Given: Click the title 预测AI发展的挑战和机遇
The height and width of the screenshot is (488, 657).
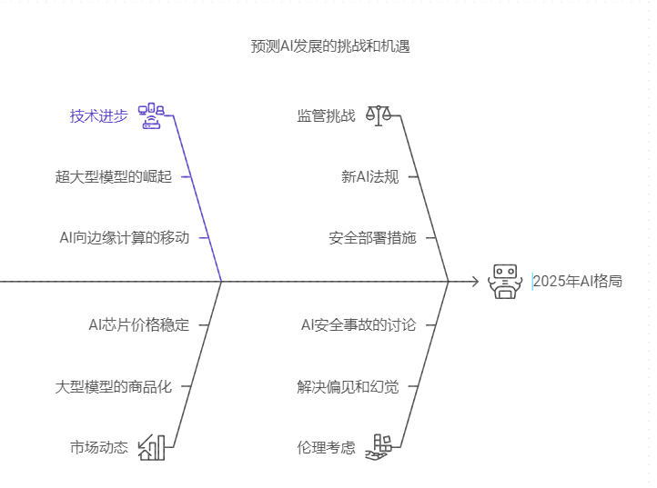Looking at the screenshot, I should pos(330,45).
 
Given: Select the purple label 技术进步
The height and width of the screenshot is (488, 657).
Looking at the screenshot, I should pos(99,115).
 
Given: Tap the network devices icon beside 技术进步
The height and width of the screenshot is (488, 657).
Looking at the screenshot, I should pos(150,116).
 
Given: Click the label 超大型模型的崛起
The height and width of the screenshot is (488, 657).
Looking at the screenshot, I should pos(113,176).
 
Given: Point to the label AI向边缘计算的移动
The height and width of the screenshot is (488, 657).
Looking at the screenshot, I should pos(124,237).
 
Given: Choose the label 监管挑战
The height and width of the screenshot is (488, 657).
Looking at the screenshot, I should pos(326,115).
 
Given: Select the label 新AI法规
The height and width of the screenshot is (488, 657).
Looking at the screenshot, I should pos(369,176).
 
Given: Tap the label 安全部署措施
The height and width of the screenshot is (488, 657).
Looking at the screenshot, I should pos(372,237).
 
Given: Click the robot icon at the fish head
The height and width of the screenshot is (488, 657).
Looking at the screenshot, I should pos(503,282).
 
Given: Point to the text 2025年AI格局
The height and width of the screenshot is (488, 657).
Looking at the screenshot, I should pos(579,282).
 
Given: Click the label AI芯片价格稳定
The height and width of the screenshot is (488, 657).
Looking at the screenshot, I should pos(138,324).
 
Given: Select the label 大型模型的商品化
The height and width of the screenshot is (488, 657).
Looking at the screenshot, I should pos(113,385).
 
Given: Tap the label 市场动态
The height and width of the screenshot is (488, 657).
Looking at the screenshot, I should pos(99,447).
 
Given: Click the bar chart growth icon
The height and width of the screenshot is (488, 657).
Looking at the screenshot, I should pos(151,447).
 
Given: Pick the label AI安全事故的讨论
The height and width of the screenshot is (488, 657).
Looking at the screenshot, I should pos(358,324).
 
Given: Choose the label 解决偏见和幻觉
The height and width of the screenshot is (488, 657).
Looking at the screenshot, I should pos(348,385).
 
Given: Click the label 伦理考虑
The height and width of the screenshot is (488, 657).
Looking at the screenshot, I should pos(326,447).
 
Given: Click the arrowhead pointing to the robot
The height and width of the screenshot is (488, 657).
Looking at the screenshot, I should pos(474,282).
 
